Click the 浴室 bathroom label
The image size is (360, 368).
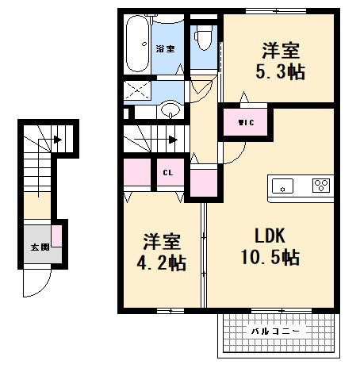pyautogui.click(x=165, y=49)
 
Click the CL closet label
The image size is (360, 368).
pyautogui.click(x=168, y=172)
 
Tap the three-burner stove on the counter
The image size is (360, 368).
pyautogui.click(x=321, y=186)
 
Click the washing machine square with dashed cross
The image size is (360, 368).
pyautogui.click(x=140, y=90)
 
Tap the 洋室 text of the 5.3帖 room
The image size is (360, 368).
pyautogui.click(x=281, y=52)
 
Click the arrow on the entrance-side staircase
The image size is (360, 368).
pyautogui.click(x=57, y=141)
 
